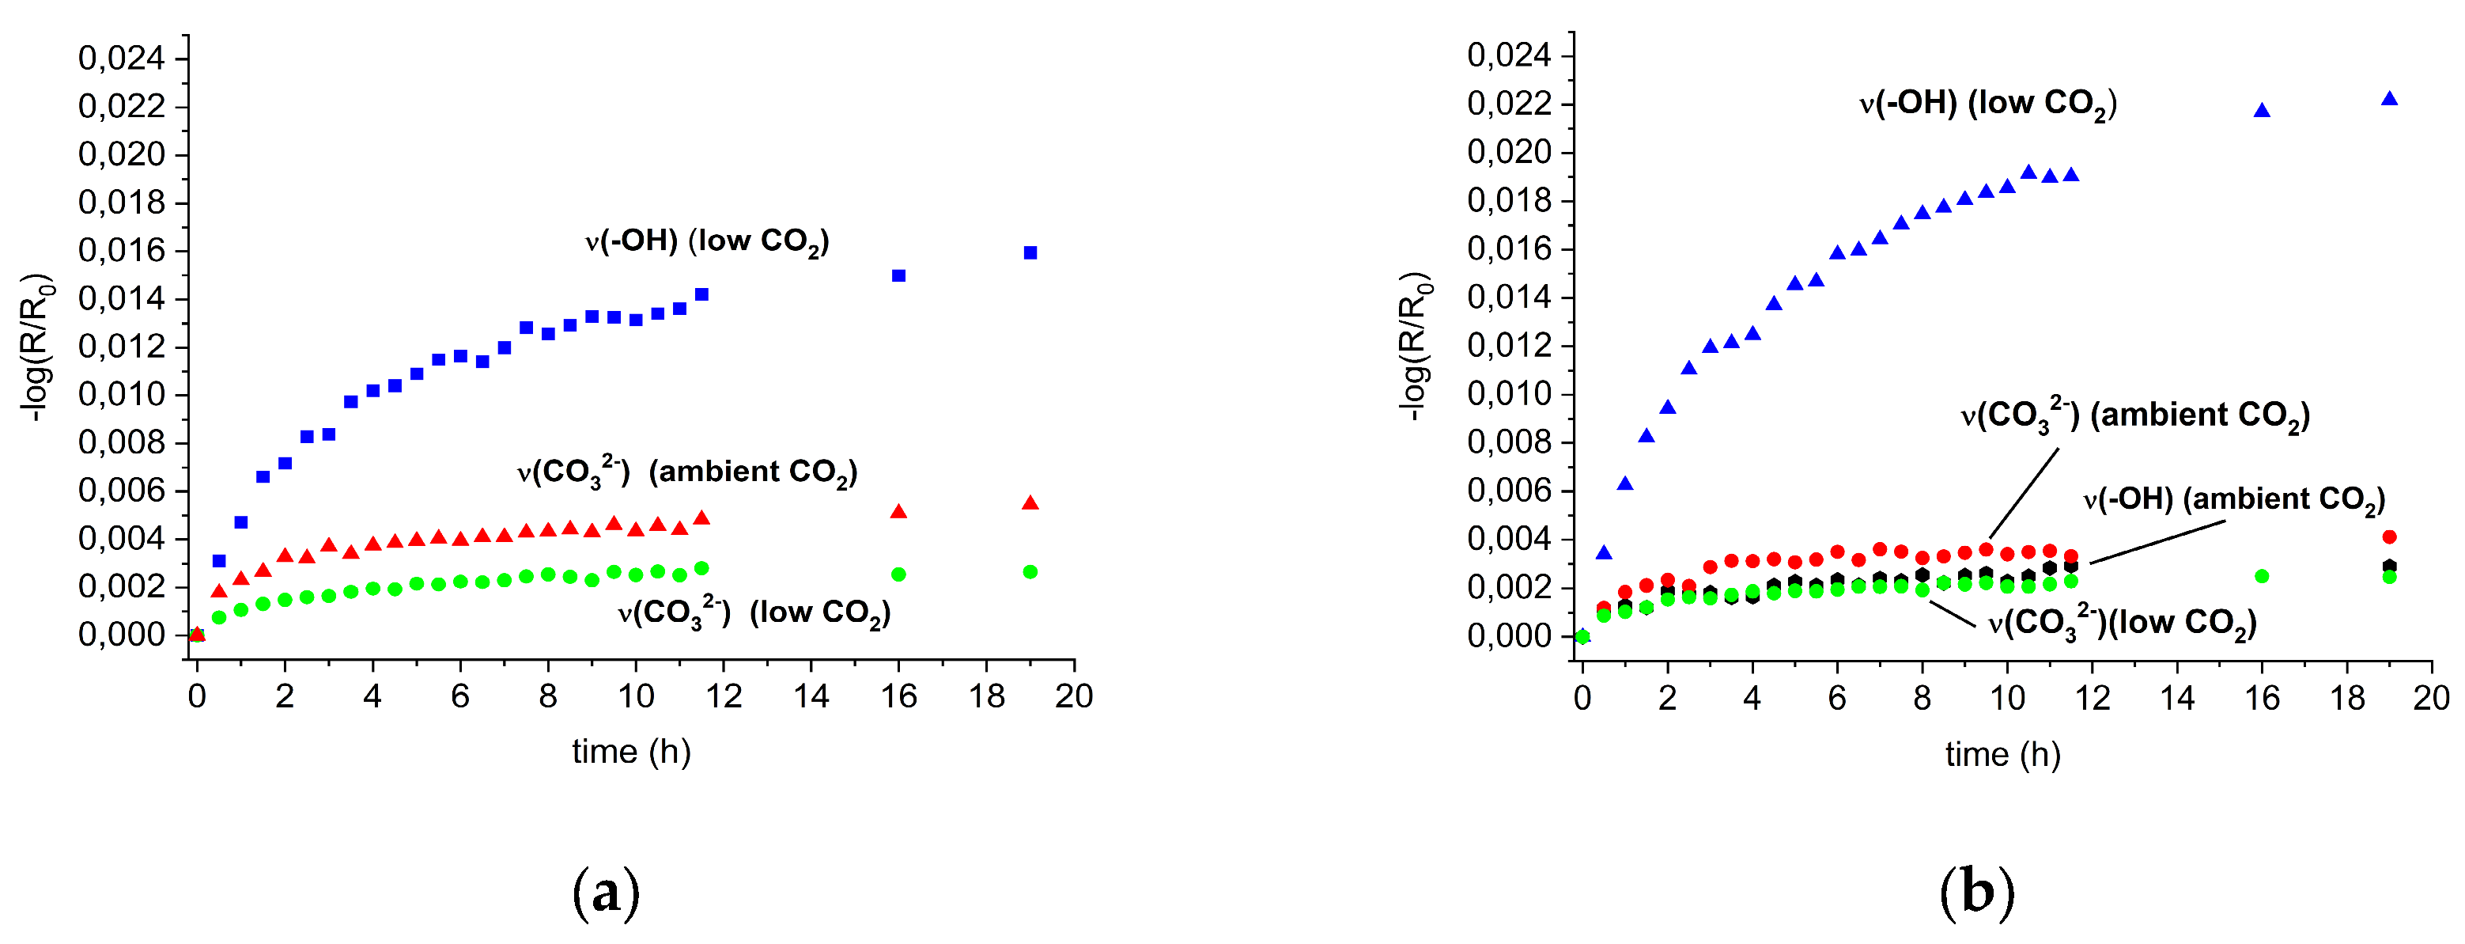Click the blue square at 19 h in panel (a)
point(1030,252)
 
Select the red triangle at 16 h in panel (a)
point(898,512)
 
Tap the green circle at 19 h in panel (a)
point(1030,571)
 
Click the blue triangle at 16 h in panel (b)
point(2261,111)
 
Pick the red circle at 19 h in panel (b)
point(2388,537)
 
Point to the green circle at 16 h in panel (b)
point(2261,576)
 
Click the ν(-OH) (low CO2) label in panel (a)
point(706,241)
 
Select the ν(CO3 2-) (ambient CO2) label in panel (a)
point(686,472)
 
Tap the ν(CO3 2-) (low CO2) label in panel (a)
point(753,612)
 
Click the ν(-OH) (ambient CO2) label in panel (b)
point(2233,499)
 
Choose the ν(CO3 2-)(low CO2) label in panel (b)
point(2122,624)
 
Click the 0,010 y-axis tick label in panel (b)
point(1508,393)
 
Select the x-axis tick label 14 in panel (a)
point(811,696)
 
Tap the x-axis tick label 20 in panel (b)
point(2430,698)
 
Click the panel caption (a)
point(605,893)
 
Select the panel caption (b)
point(1976,893)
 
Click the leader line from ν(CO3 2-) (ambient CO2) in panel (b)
point(2023,494)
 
